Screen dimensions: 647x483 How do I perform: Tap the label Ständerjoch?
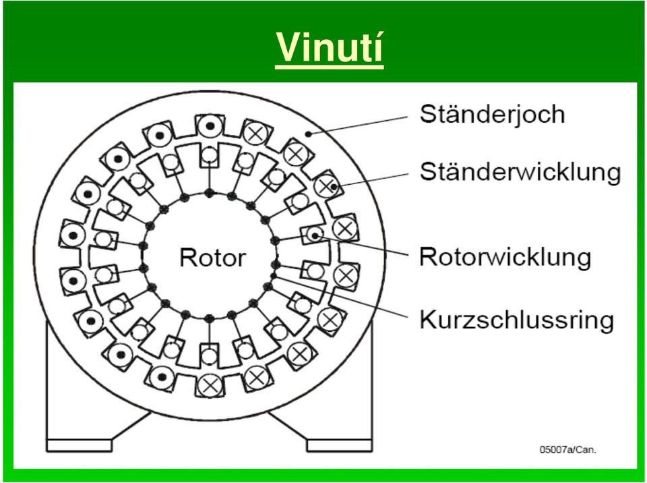pyautogui.click(x=492, y=115)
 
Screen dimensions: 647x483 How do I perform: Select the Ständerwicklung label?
pyautogui.click(x=520, y=171)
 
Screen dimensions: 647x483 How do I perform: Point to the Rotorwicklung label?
pyautogui.click(x=505, y=256)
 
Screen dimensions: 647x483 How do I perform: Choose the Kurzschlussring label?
pyautogui.click(x=517, y=320)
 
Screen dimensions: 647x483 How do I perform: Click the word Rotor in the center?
pyautogui.click(x=212, y=257)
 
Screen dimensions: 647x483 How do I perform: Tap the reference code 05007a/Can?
pyautogui.click(x=567, y=449)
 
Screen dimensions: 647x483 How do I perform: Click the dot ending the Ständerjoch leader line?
pyautogui.click(x=308, y=134)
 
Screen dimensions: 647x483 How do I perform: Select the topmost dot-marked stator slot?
pyautogui.click(x=210, y=125)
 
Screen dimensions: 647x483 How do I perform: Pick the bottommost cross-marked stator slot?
pyautogui.click(x=210, y=386)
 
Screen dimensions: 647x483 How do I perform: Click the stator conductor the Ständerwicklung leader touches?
pyautogui.click(x=326, y=187)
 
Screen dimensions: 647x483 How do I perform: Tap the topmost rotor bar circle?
pyautogui.click(x=209, y=155)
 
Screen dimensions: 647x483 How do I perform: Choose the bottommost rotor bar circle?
pyautogui.click(x=209, y=356)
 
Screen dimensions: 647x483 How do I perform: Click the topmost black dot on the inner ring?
pyautogui.click(x=209, y=192)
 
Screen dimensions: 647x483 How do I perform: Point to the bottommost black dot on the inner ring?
pyautogui.click(x=209, y=318)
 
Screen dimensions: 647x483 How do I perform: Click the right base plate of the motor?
pyautogui.click(x=340, y=445)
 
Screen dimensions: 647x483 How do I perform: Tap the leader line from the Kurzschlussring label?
pyautogui.click(x=341, y=297)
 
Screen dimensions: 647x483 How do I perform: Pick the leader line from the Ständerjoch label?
pyautogui.click(x=358, y=125)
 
